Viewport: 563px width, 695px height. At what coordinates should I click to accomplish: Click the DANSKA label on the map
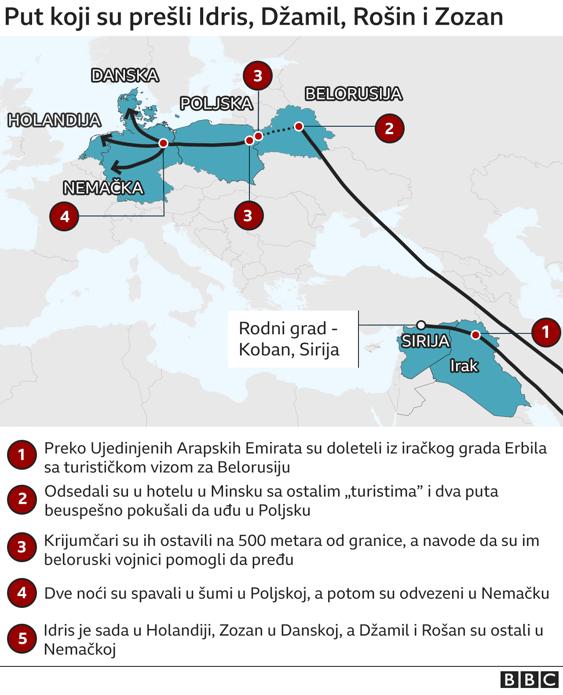[x=125, y=76]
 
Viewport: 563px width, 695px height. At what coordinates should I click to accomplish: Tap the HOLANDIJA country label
[x=55, y=121]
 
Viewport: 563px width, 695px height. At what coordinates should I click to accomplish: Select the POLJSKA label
[x=216, y=104]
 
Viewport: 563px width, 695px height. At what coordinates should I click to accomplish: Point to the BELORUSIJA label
[x=354, y=94]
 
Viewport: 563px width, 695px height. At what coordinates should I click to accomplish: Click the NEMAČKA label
[x=103, y=188]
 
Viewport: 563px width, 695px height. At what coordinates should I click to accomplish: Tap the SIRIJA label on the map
[x=425, y=341]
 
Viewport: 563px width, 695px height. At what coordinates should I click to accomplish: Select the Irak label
[x=464, y=366]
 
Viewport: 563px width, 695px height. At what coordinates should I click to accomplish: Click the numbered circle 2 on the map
[x=389, y=128]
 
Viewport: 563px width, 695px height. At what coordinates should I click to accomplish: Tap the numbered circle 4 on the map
[x=65, y=216]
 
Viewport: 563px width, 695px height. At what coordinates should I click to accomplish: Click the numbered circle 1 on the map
[x=546, y=332]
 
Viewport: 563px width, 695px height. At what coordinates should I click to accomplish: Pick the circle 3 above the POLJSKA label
[x=258, y=76]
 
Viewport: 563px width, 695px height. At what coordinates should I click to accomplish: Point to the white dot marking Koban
[x=421, y=325]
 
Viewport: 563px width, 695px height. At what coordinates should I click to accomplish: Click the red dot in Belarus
[x=299, y=127]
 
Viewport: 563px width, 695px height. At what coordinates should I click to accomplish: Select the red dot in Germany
[x=163, y=143]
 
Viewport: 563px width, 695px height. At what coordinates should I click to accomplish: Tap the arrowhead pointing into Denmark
[x=129, y=113]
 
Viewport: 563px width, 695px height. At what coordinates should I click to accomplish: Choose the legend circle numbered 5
[x=22, y=639]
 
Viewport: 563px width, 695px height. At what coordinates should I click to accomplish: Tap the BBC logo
[x=529, y=680]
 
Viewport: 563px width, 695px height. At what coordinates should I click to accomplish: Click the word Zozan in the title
[x=469, y=18]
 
